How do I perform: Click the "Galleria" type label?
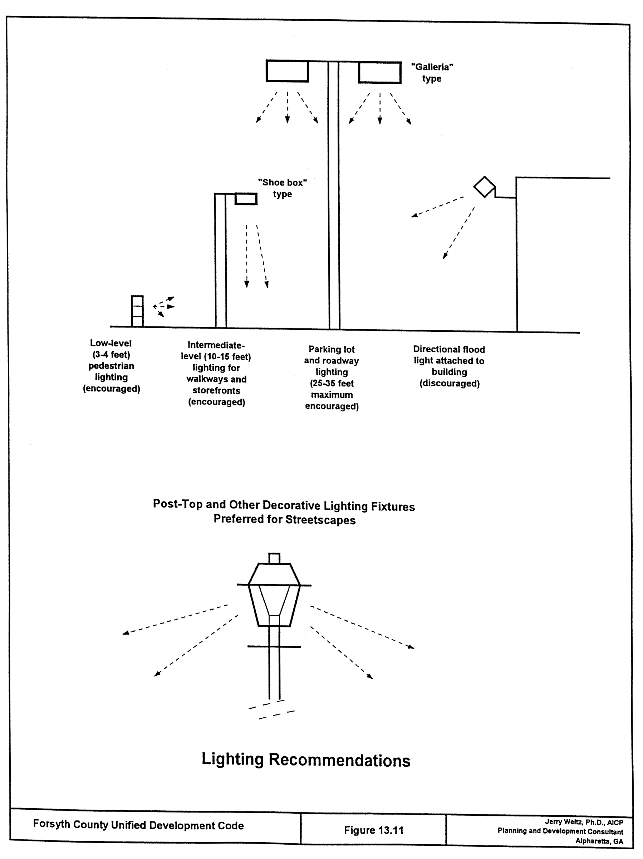(432, 73)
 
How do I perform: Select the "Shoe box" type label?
(283, 188)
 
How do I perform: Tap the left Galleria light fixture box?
(287, 71)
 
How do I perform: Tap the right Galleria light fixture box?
(379, 72)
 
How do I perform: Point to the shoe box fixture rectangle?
(246, 199)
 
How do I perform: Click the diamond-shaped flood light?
(484, 187)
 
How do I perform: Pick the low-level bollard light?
(137, 311)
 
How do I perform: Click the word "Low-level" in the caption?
(111, 343)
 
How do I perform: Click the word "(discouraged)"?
(450, 384)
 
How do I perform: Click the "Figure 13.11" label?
(374, 830)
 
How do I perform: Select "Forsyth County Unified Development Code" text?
(138, 825)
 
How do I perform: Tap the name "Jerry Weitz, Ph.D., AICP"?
(584, 822)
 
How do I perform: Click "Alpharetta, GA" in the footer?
(599, 841)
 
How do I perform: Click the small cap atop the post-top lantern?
(274, 558)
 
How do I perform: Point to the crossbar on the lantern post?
(274, 647)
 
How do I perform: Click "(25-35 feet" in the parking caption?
(332, 384)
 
